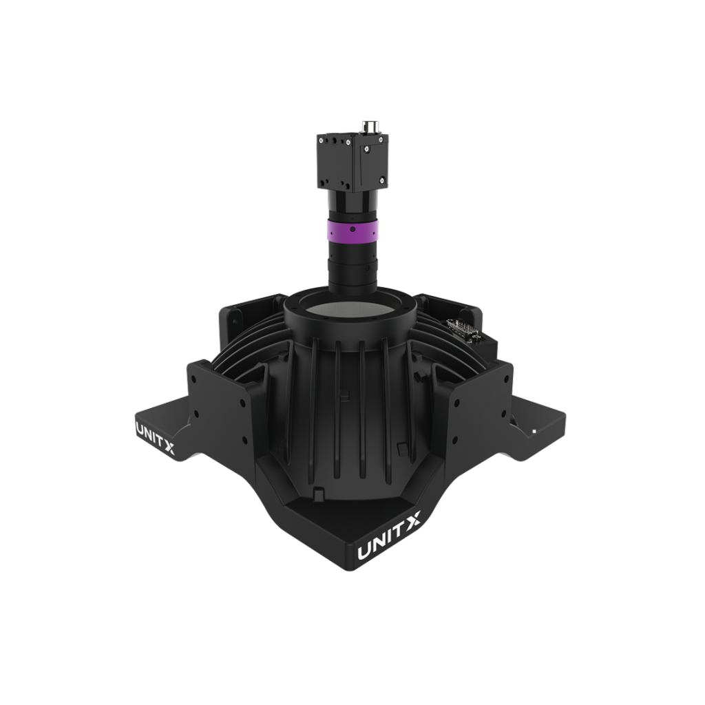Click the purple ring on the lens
pyautogui.click(x=352, y=230)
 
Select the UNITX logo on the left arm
pyautogui.click(x=155, y=436)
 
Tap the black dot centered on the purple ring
pyautogui.click(x=352, y=229)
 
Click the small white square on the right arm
pyautogui.click(x=534, y=431)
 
